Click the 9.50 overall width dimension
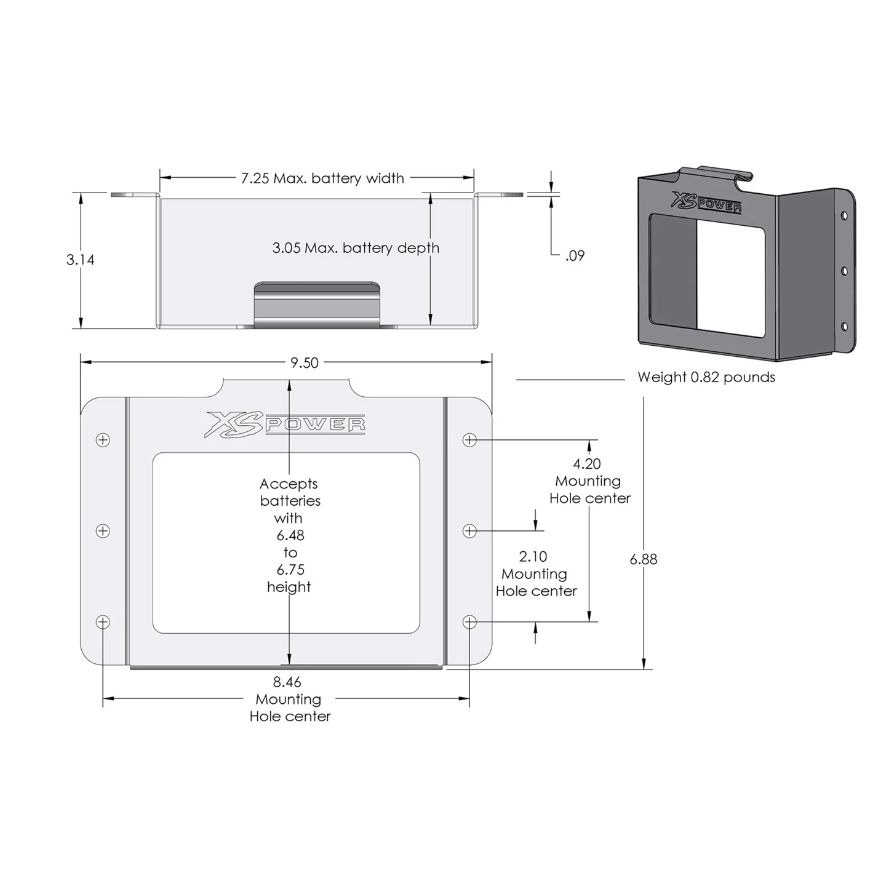(305, 363)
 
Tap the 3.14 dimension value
(81, 260)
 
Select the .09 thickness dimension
(575, 255)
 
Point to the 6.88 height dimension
(644, 559)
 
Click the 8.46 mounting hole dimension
(287, 682)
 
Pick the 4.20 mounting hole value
(587, 464)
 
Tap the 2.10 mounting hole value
(533, 557)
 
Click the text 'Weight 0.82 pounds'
(706, 377)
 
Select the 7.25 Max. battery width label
(322, 178)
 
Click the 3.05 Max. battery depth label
(356, 248)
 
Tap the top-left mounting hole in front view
(103, 440)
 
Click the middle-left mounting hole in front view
(103, 531)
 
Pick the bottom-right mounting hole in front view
(469, 622)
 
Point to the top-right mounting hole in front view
(469, 440)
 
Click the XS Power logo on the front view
(285, 425)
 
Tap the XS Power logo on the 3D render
(706, 202)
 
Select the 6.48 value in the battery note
(290, 535)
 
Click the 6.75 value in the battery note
(290, 570)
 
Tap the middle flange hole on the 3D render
(844, 271)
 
